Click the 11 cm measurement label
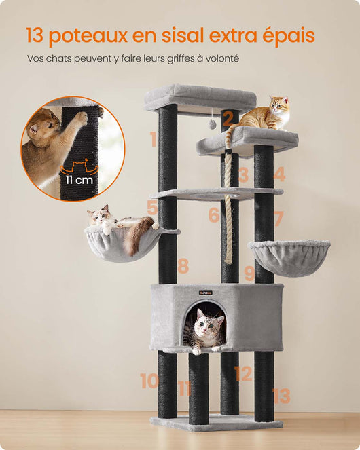tap(79, 180)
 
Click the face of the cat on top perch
tap(278, 105)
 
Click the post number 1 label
tap(153, 140)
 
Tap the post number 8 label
tap(183, 266)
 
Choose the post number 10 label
tap(149, 381)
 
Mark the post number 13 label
tap(281, 396)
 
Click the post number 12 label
tap(243, 373)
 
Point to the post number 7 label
tap(278, 219)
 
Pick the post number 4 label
tap(279, 174)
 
